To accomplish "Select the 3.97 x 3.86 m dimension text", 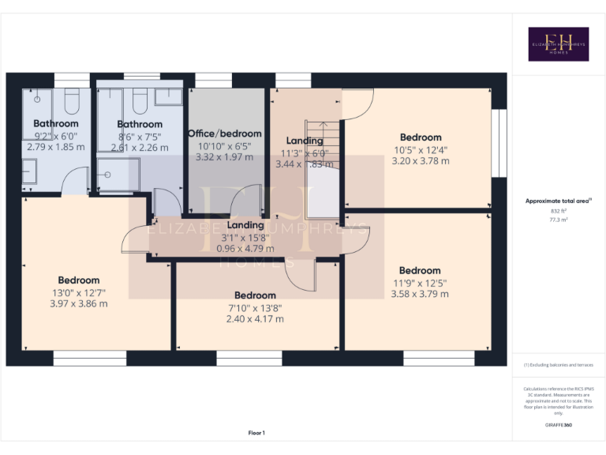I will click(x=78, y=303).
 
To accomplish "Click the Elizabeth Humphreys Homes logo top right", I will click(x=558, y=44).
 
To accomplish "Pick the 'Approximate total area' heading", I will click(x=558, y=201).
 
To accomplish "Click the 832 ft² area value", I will click(x=558, y=212).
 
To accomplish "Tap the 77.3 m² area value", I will click(x=558, y=220).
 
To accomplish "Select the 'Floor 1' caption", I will click(x=256, y=433).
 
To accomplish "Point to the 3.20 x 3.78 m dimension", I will click(x=421, y=161).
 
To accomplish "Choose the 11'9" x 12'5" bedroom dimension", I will click(x=420, y=283).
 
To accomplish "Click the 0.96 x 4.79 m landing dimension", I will click(x=245, y=248).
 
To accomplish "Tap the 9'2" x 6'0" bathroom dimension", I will click(x=55, y=135).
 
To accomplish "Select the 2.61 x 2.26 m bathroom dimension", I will click(x=140, y=147).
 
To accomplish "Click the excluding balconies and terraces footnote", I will click(x=558, y=365).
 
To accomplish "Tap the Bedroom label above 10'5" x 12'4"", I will click(x=421, y=137).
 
